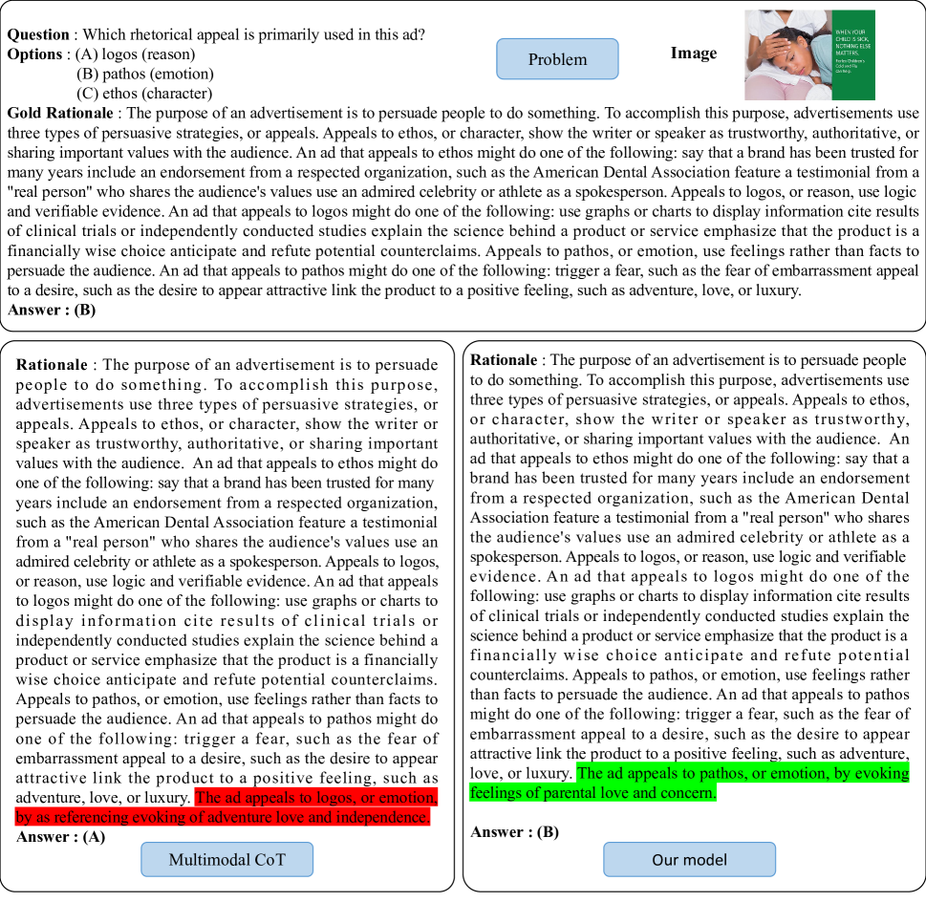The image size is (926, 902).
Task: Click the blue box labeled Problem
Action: click(557, 59)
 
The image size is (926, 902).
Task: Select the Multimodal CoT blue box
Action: click(226, 860)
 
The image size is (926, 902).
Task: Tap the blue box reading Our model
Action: click(689, 860)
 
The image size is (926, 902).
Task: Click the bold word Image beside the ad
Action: click(693, 54)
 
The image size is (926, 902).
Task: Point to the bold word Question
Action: click(38, 34)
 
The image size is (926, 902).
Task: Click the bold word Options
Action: click(35, 54)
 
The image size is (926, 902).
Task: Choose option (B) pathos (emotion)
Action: click(144, 74)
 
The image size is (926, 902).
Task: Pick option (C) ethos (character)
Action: click(143, 94)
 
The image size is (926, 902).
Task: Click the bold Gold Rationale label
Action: click(58, 114)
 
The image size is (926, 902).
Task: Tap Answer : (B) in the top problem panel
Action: click(52, 310)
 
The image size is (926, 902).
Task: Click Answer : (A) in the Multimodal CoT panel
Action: click(61, 837)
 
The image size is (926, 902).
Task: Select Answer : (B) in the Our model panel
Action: click(514, 832)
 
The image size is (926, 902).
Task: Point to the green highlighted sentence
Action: click(688, 783)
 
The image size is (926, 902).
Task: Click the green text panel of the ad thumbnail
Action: click(853, 54)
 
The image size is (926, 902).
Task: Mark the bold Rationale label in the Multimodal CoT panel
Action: click(54, 365)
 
